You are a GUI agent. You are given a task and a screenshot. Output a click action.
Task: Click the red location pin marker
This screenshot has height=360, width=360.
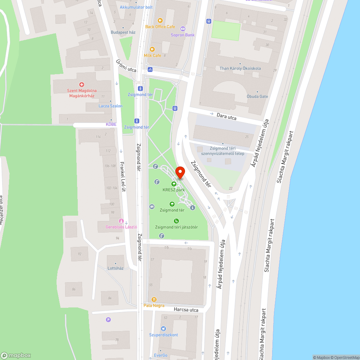tap(180, 173)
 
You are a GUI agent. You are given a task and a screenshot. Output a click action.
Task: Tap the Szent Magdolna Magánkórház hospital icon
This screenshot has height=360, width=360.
tap(82, 85)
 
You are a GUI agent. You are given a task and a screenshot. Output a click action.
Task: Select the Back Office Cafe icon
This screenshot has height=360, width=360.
tap(160, 21)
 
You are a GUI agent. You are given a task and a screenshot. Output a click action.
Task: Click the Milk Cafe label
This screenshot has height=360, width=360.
tap(152, 55)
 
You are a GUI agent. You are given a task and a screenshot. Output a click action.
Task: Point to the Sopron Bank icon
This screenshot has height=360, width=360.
tap(183, 29)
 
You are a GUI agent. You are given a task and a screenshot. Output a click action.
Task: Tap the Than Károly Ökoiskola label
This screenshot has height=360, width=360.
tap(240, 68)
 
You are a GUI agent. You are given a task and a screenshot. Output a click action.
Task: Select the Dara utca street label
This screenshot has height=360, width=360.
tap(227, 116)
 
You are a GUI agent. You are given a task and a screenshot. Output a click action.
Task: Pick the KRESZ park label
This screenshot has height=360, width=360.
tap(174, 190)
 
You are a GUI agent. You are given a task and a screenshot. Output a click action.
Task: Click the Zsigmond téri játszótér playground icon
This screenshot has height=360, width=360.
tap(176, 221)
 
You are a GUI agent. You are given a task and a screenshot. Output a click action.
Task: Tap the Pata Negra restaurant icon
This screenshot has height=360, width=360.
tap(154, 299)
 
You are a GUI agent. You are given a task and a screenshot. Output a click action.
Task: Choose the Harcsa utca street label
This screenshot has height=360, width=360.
tap(186, 310)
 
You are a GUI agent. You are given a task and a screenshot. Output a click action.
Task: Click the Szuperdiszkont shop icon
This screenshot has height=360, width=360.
tap(163, 328)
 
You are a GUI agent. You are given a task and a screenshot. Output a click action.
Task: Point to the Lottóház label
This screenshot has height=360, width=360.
tap(115, 268)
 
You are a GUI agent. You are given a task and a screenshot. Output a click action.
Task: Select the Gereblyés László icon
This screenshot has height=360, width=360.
tap(121, 221)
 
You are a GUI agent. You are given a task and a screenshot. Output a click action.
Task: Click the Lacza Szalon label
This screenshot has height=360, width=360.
tap(111, 106)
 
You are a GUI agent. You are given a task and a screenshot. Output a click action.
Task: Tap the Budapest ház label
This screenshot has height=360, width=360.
tap(123, 32)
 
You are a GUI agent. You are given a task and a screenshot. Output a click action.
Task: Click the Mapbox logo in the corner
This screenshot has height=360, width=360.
tap(16, 355)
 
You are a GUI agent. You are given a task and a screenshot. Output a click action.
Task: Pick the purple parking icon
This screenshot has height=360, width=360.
tap(108, 319)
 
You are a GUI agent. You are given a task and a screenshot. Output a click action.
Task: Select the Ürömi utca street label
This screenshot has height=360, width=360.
tap(126, 66)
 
